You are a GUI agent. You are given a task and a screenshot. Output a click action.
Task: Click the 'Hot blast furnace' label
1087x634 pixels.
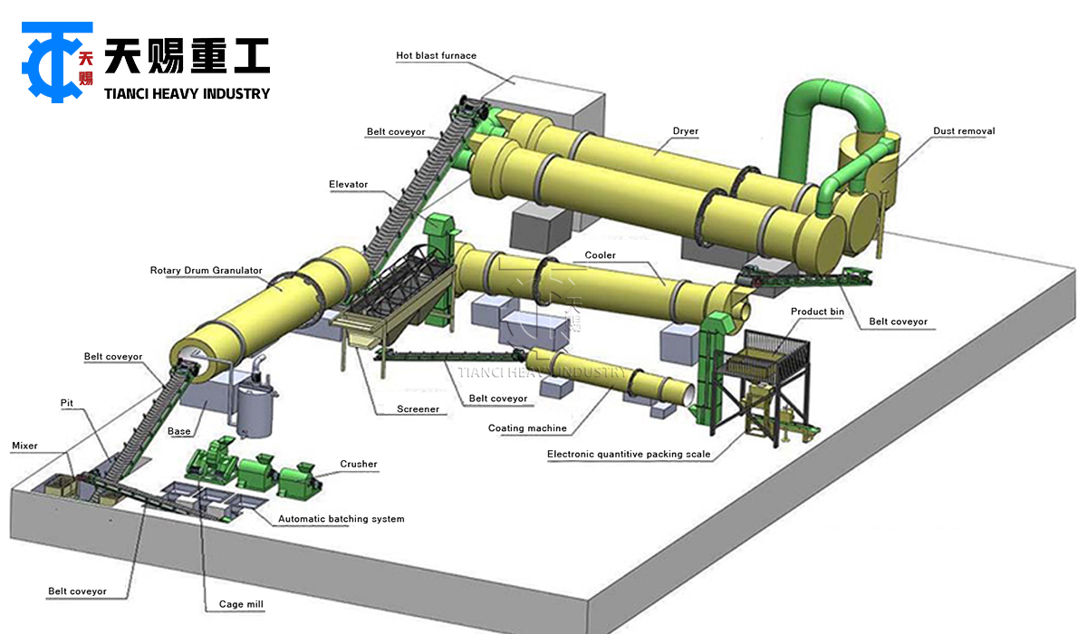pyautogui.click(x=436, y=56)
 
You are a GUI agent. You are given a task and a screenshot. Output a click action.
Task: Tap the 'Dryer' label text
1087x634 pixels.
pyautogui.click(x=685, y=131)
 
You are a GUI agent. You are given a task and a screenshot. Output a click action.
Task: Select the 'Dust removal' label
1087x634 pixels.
pyautogui.click(x=964, y=131)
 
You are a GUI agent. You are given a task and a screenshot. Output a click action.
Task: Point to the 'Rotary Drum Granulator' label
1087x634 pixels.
pyautogui.click(x=206, y=271)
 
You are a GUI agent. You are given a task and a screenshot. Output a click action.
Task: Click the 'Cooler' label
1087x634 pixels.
pyautogui.click(x=600, y=255)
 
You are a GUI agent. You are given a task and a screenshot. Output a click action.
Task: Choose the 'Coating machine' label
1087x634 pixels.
pyautogui.click(x=527, y=428)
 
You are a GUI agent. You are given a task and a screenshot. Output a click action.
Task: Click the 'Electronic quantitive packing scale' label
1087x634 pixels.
pyautogui.click(x=629, y=455)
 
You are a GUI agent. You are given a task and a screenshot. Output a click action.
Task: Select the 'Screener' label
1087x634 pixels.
pyautogui.click(x=418, y=409)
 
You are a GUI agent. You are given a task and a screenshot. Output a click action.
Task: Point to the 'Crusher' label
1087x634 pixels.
pyautogui.click(x=359, y=465)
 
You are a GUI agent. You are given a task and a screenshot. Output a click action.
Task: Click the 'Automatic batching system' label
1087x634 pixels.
pyautogui.click(x=341, y=519)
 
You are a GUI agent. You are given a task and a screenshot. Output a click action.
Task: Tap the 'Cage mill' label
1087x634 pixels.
pyautogui.click(x=241, y=604)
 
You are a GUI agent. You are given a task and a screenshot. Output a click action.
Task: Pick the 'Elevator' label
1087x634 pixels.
pyautogui.click(x=348, y=185)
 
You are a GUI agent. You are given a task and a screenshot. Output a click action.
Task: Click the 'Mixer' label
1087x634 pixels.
pyautogui.click(x=24, y=446)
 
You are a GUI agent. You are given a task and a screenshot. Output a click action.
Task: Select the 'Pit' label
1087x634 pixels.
pyautogui.click(x=67, y=402)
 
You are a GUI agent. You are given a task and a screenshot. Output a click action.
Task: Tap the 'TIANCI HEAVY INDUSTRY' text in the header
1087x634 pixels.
pyautogui.click(x=187, y=93)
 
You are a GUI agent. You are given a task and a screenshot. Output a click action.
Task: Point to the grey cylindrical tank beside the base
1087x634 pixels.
pyautogui.click(x=255, y=408)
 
